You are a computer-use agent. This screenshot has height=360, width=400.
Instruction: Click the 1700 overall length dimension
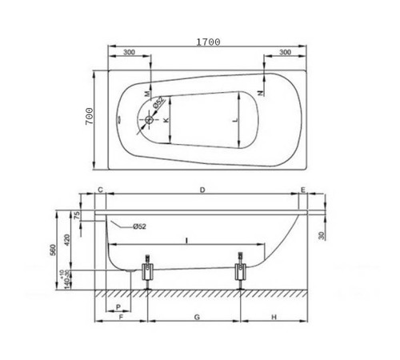206,41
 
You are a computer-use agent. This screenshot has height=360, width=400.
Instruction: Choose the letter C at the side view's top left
100,190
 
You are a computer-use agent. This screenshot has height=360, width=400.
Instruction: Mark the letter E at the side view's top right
302,190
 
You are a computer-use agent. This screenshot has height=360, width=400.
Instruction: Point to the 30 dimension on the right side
321,234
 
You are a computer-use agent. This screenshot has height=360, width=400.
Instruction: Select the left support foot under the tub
148,270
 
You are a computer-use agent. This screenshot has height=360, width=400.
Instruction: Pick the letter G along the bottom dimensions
196,318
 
